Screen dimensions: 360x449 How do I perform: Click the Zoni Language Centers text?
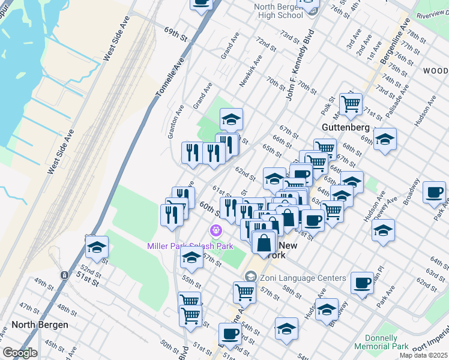(x=303, y=278)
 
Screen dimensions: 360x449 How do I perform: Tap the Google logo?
(x=19, y=353)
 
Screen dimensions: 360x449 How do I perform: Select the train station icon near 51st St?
(x=64, y=275)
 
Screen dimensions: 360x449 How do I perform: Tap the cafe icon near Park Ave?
(x=434, y=193)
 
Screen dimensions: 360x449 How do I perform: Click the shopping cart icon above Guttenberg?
(x=351, y=103)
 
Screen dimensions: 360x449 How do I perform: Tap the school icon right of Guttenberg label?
(x=385, y=140)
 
